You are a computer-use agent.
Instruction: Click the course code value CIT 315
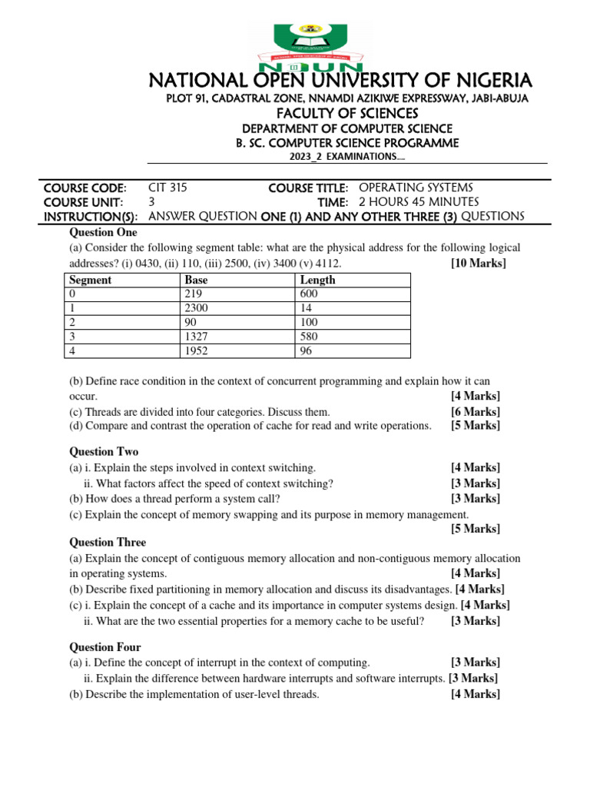coord(167,188)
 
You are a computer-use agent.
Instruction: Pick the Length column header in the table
coord(317,281)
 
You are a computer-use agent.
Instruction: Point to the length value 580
coord(309,337)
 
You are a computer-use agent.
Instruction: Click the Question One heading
coord(104,232)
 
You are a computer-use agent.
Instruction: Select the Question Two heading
coord(104,452)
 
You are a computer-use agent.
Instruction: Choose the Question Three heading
coord(108,543)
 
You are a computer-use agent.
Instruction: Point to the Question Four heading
coord(105,647)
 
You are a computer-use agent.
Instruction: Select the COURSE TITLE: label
coord(308,188)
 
